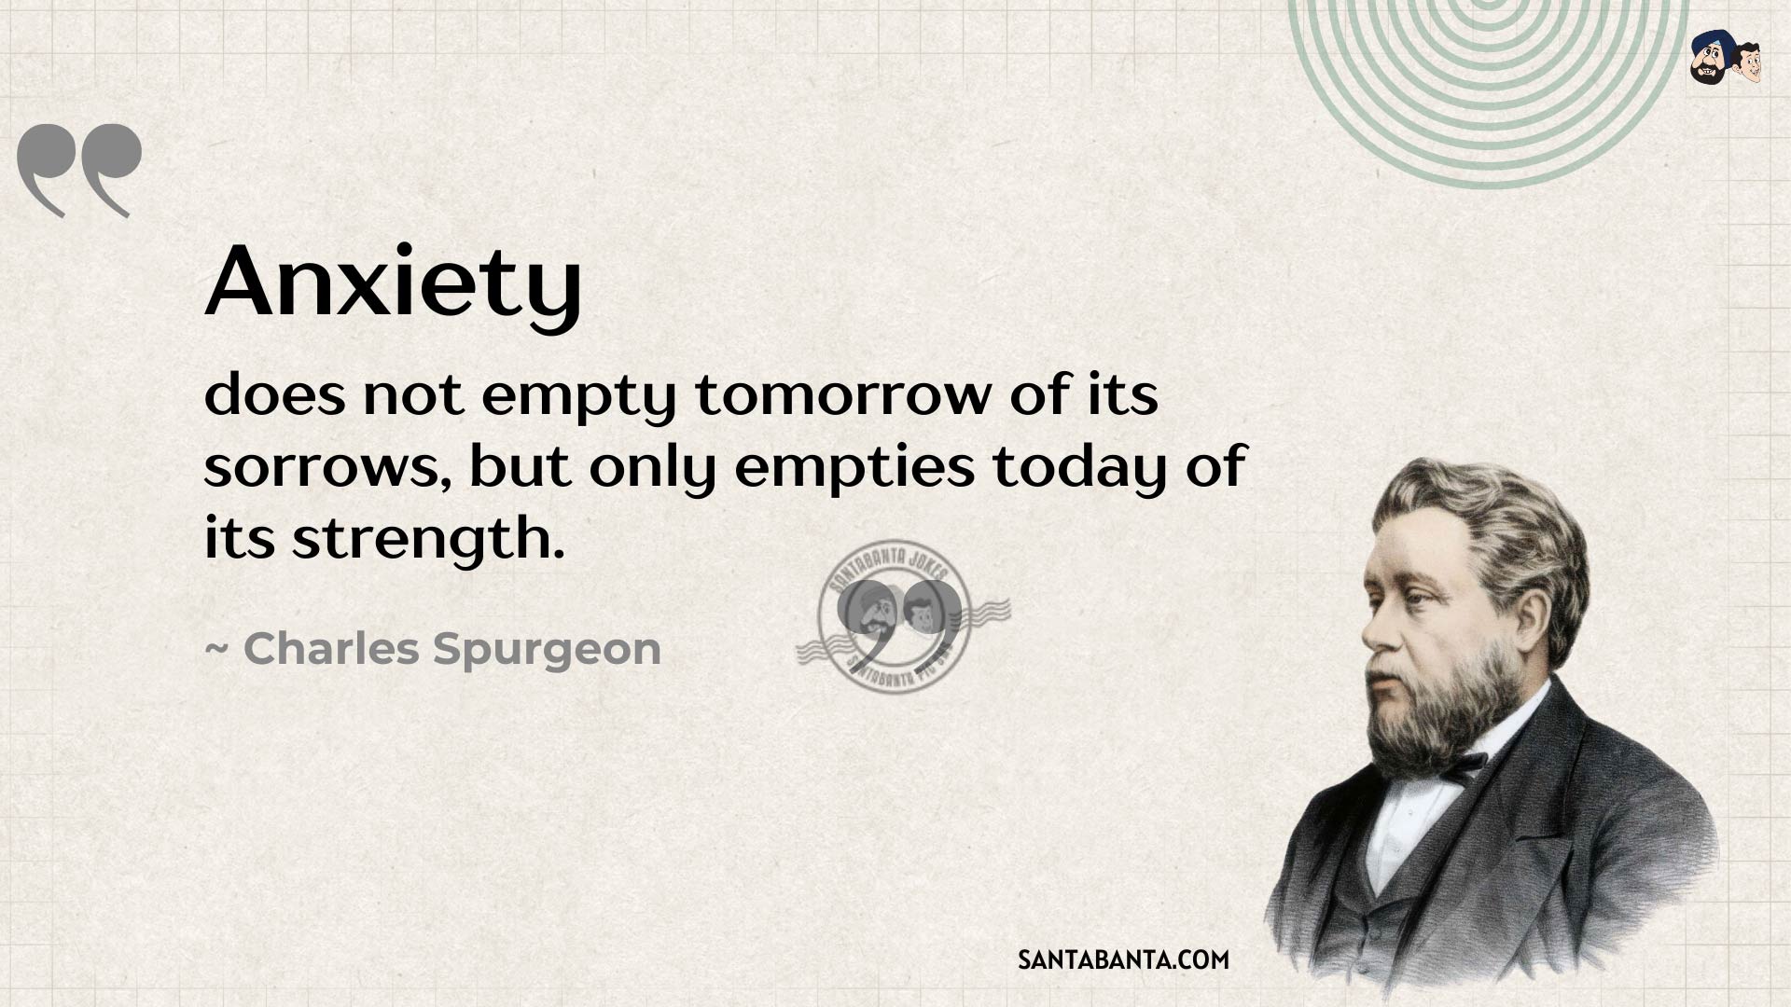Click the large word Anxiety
pos(393,283)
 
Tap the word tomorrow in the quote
pos(842,395)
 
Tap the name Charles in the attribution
pos(331,648)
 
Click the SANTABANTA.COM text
pos(1123,959)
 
